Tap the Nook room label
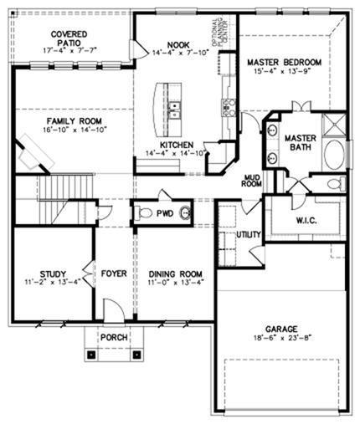coord(177,46)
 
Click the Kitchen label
coord(177,144)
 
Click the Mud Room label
coord(252,180)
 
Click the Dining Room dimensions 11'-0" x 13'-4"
coord(175,282)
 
